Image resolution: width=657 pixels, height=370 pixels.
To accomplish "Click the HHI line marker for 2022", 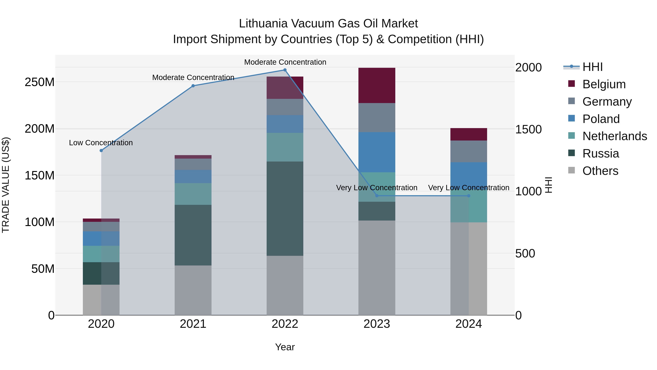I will tap(285, 70).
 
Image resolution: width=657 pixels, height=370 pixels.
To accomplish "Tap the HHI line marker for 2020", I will tap(101, 151).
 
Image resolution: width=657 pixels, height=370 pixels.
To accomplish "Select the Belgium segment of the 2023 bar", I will tap(377, 86).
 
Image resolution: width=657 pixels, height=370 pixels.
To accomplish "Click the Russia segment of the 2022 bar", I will tap(285, 209).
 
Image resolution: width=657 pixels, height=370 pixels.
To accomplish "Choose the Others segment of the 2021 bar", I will tap(193, 290).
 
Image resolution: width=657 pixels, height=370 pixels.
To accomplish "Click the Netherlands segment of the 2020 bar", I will tap(101, 254).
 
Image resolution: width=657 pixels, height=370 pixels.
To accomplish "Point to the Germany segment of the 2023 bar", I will tap(377, 118).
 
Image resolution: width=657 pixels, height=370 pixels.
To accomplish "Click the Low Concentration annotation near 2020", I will tap(101, 143).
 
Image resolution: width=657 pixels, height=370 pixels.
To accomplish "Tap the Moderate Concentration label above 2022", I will tap(285, 62).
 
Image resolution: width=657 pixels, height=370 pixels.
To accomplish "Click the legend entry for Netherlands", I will tap(614, 136).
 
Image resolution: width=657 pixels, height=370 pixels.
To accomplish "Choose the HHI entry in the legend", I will tap(592, 67).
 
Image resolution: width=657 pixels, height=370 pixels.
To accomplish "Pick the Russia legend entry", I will tap(600, 153).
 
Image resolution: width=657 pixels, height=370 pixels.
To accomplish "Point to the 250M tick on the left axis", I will tap(40, 82).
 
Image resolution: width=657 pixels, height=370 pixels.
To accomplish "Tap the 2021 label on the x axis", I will tap(193, 324).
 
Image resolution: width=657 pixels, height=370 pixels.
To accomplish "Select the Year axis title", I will tap(285, 347).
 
